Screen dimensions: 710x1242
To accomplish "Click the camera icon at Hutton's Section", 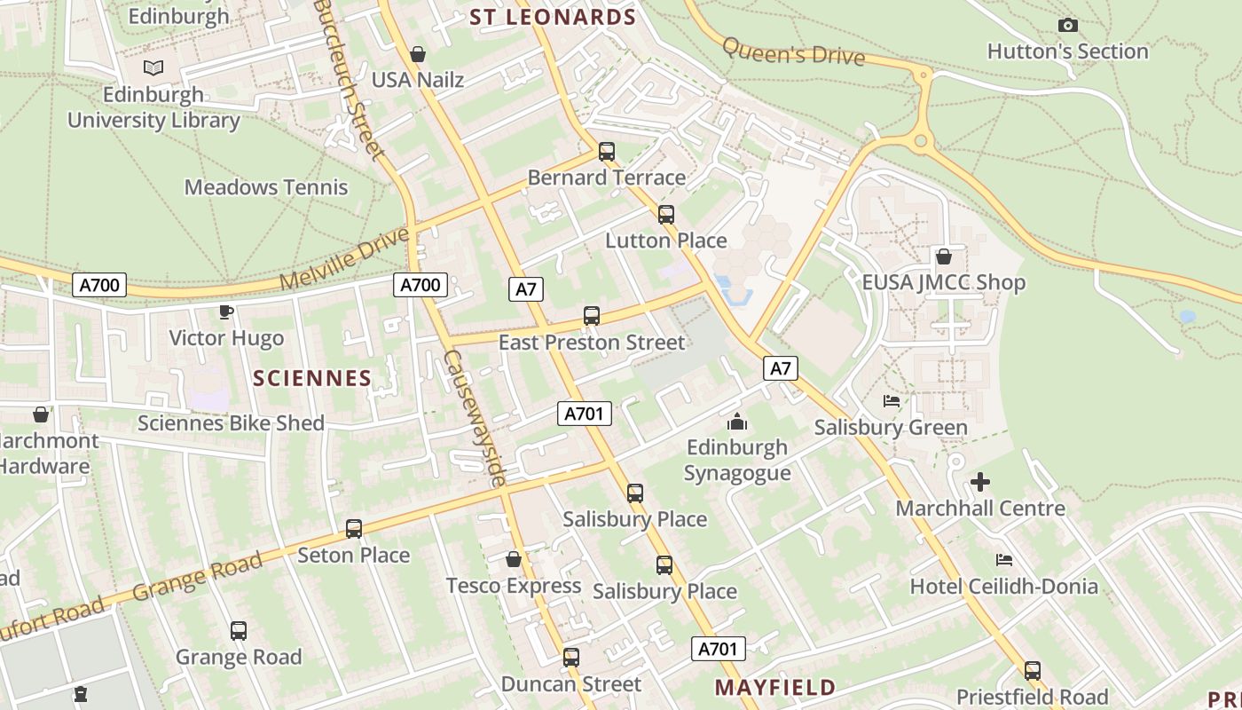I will [1068, 26].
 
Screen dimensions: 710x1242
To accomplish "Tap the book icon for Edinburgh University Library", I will [153, 67].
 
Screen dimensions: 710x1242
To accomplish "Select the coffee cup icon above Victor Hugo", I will [226, 312].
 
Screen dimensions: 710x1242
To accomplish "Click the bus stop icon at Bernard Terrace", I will [607, 152].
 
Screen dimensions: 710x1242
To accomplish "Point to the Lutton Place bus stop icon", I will [666, 215].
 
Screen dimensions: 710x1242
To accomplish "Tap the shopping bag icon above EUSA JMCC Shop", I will [944, 256].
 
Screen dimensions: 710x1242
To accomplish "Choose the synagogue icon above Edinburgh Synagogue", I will [737, 422].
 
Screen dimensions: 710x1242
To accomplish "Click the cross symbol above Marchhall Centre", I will [980, 482].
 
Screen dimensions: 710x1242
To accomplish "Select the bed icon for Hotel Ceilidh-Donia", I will [1004, 560].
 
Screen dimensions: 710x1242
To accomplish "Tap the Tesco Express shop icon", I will [513, 559].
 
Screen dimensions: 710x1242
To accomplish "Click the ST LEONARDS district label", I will [553, 17].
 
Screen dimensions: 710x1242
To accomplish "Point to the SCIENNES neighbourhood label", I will [312, 378].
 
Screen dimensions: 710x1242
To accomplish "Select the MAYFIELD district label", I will [775, 687].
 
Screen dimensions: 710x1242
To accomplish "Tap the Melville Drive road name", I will [345, 259].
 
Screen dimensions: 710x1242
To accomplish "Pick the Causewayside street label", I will [474, 418].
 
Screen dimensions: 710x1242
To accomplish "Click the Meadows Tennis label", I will [266, 187].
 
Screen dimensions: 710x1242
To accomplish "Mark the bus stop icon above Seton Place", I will [354, 529].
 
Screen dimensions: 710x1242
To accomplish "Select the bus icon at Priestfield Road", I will [1033, 671].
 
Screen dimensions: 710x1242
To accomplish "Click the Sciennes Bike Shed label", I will [231, 423].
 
